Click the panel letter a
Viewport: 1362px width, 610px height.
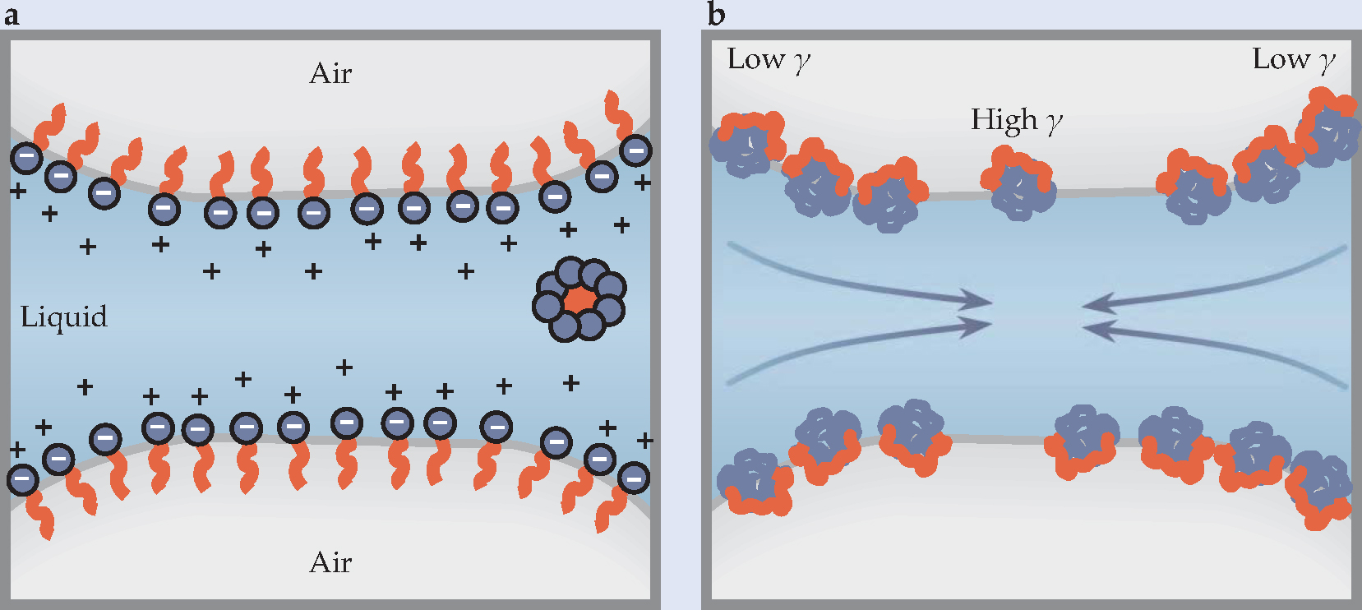[x=12, y=15]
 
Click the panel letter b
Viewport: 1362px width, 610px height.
[x=716, y=15]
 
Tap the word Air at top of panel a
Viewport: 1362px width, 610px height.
[x=330, y=74]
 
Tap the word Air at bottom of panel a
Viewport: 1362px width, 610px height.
[x=330, y=563]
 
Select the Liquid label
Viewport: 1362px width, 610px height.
[x=64, y=317]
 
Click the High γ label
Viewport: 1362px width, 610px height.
[x=1017, y=121]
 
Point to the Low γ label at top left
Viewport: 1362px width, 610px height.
[x=769, y=60]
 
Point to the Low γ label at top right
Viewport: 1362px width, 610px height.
[x=1293, y=60]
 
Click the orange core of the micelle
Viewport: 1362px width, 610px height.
[x=580, y=299]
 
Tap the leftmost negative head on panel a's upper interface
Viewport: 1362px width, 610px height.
[x=26, y=157]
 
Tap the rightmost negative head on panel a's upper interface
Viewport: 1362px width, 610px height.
[x=635, y=150]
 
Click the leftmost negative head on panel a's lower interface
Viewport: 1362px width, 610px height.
[x=22, y=478]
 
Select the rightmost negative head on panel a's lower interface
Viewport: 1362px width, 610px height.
[x=634, y=478]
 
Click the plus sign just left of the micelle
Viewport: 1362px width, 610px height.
[x=466, y=270]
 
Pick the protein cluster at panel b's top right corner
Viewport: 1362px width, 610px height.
[x=1325, y=127]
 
